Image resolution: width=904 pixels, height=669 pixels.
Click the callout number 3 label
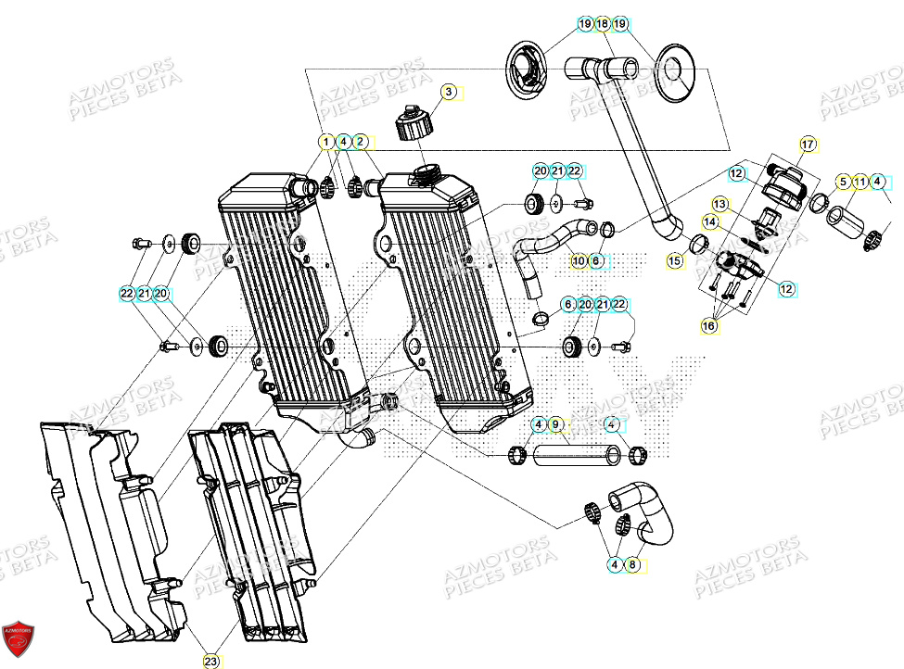(x=448, y=92)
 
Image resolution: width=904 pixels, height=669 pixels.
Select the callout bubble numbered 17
(x=808, y=145)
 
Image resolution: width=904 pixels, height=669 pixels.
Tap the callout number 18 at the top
(x=603, y=23)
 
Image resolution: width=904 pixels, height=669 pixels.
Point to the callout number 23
(x=210, y=661)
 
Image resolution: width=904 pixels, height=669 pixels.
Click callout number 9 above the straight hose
(x=555, y=425)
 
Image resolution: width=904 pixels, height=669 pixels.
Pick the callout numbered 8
(x=633, y=562)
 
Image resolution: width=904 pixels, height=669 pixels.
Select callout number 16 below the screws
(x=709, y=327)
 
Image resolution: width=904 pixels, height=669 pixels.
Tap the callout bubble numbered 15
(x=675, y=263)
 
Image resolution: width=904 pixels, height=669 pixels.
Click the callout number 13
(x=720, y=203)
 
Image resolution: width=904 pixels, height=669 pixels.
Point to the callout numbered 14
(x=709, y=222)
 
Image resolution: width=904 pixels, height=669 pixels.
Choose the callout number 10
(x=579, y=261)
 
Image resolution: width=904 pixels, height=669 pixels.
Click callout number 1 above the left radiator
(x=325, y=142)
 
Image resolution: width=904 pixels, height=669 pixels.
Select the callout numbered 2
(x=361, y=142)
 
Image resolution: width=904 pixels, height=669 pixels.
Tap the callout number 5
(x=843, y=182)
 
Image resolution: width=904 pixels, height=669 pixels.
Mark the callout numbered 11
(x=860, y=182)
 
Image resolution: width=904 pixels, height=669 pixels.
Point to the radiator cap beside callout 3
(x=414, y=124)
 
